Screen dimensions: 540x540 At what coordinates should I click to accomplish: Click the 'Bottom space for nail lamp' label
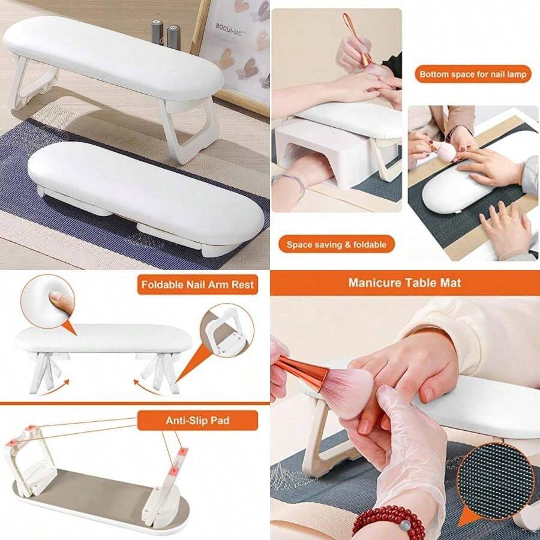[x=473, y=74]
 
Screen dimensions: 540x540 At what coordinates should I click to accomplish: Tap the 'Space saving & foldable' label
[x=336, y=244]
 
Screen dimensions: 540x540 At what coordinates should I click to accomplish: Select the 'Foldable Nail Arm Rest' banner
[x=197, y=284]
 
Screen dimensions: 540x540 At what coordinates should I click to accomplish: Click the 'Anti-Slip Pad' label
[x=197, y=421]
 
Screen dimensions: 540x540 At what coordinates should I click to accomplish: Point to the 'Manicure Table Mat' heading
[x=405, y=283]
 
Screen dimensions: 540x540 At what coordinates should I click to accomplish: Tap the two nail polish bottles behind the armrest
[x=165, y=35]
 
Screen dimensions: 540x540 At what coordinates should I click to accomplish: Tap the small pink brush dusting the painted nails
[x=446, y=152]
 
